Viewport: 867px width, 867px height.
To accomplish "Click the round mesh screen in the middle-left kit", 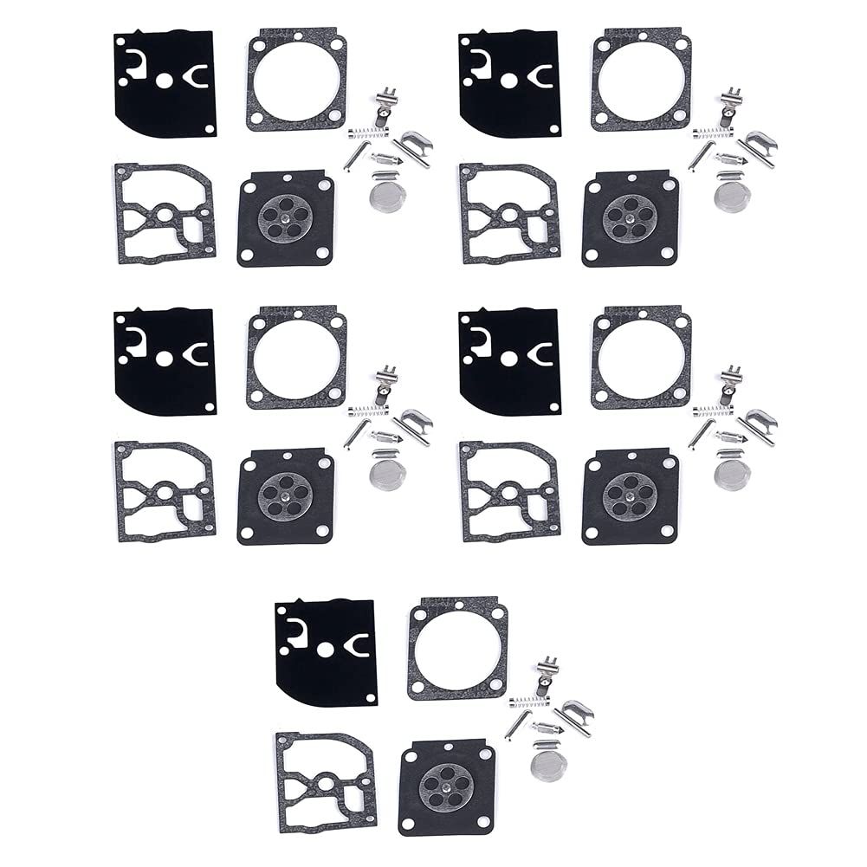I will [385, 463].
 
